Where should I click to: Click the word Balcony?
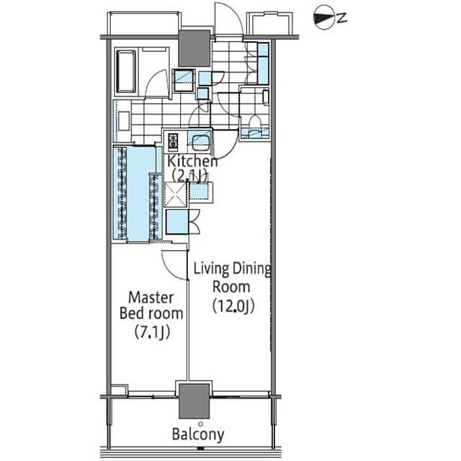[198, 434]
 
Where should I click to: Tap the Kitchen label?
[192, 161]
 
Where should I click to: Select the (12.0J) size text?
[233, 306]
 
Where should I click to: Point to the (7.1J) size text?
[152, 332]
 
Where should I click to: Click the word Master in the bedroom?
[151, 297]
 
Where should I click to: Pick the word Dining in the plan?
[252, 269]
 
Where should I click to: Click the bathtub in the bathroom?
[127, 71]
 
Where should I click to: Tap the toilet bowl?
[254, 124]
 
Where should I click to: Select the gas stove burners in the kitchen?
[173, 141]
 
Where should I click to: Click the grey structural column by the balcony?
[194, 400]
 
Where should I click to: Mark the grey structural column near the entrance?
[194, 48]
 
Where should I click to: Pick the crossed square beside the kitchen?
[175, 194]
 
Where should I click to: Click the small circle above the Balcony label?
[200, 424]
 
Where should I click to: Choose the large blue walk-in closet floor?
[138, 193]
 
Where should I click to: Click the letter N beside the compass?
[341, 18]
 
